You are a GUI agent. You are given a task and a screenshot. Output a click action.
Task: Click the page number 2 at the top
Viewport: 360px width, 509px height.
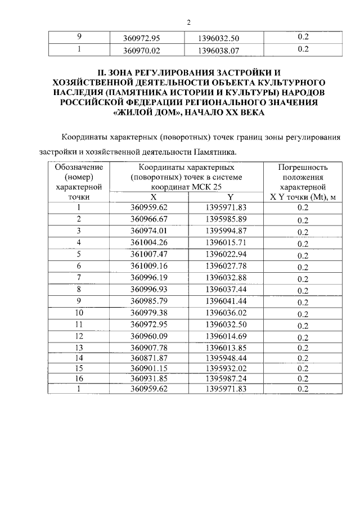pos(189,22)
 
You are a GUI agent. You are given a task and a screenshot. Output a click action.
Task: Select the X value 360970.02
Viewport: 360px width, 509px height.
pos(149,49)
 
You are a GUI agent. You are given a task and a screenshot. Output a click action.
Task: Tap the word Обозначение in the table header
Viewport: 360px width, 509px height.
pos(79,168)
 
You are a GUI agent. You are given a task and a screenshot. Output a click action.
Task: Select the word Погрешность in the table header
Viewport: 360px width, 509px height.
pos(303,168)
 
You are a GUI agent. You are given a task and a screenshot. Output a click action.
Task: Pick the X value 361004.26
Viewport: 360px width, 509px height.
pos(149,242)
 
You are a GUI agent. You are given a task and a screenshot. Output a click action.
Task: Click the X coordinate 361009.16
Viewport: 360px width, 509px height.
pos(149,265)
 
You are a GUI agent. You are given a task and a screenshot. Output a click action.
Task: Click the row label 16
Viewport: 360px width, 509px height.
pos(79,379)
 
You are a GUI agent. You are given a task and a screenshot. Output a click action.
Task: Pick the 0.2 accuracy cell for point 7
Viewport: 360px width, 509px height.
pos(303,278)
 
